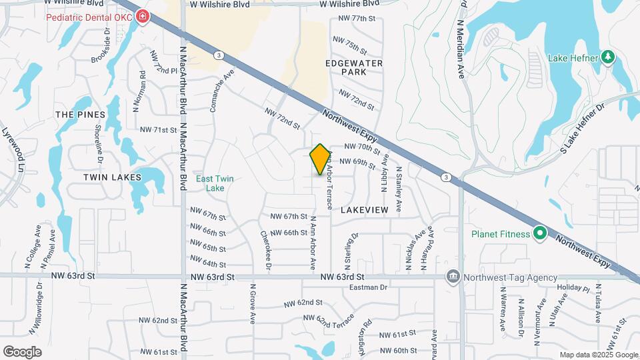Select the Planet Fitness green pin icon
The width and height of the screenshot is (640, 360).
pos(539,234)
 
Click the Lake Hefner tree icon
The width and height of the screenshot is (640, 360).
pos(607,57)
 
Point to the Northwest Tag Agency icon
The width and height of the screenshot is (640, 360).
pos(453,277)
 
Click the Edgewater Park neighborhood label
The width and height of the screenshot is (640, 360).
pos(353,67)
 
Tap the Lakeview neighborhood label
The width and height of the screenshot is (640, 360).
pos(364,209)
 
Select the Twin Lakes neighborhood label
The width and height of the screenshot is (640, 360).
pos(112,177)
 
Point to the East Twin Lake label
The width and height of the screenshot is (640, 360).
pos(214,183)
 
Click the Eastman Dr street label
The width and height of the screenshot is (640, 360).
pos(369,287)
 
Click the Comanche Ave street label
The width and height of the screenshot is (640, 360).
pos(221,93)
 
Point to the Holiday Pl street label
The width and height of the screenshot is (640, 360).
pos(569,287)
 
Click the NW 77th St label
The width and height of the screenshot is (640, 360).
pos(357,19)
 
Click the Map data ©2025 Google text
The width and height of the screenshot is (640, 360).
pos(599,355)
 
